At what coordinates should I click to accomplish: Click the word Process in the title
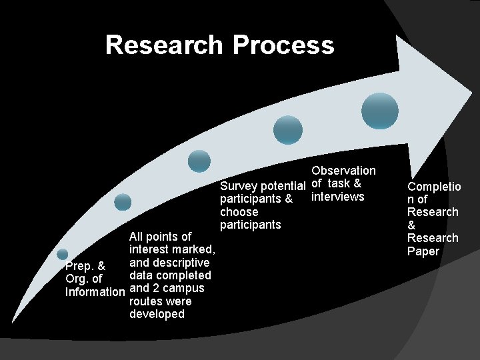[x=283, y=45]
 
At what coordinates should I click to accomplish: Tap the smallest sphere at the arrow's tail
[x=62, y=254]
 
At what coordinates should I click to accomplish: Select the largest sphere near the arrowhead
[x=380, y=110]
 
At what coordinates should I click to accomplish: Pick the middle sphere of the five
[x=199, y=161]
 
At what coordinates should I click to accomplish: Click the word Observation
[x=343, y=171]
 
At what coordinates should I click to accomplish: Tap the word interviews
[x=338, y=197]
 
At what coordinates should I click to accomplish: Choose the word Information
[x=95, y=292]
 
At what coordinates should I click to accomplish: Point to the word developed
[x=157, y=314]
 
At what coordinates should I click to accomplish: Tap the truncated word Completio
[x=434, y=187]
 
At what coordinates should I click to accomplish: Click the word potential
[x=283, y=185]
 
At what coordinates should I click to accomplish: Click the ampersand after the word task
[x=357, y=183]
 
